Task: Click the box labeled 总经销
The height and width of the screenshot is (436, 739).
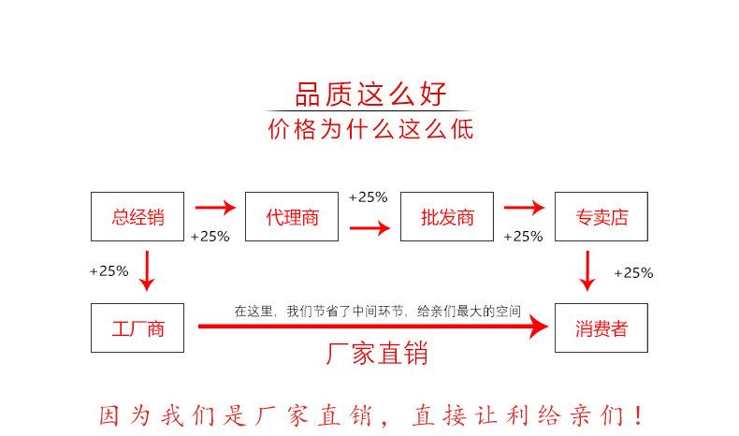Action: pos(138,217)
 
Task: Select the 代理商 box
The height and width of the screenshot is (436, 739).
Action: pos(292,217)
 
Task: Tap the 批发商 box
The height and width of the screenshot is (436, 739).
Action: pos(446,217)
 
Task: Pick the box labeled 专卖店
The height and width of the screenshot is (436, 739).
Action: pos(601,217)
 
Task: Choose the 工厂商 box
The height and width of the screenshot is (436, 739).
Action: pos(138,328)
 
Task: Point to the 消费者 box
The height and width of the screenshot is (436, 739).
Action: pos(601,328)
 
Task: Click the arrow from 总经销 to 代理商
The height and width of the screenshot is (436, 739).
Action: pos(215,208)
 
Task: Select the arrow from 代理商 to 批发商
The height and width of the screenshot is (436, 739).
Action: pos(369,227)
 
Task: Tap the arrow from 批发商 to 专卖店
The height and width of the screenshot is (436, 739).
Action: pos(524,208)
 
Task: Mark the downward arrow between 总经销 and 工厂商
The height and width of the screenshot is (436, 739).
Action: pos(146,270)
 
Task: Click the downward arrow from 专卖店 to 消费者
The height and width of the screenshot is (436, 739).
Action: pos(587,270)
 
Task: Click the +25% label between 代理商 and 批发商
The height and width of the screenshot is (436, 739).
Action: pos(368,197)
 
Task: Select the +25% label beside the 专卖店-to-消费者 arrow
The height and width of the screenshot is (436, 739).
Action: pos(633,273)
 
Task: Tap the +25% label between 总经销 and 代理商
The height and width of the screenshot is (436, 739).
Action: pos(210,237)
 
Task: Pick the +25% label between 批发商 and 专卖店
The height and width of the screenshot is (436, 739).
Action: pos(523,237)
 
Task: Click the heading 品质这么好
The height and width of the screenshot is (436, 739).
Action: pos(370,94)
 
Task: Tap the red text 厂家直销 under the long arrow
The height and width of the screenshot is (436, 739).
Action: pos(376,355)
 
